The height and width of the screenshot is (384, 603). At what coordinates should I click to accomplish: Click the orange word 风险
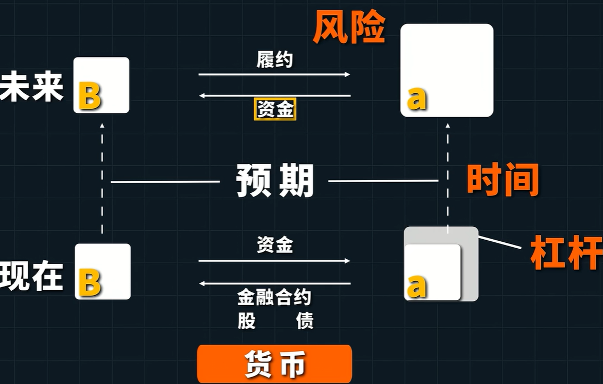[349, 27]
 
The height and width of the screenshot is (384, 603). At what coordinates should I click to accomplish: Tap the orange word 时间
[502, 179]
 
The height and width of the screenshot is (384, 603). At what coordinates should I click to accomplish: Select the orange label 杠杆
[566, 252]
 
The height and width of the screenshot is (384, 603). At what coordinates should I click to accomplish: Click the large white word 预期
[275, 180]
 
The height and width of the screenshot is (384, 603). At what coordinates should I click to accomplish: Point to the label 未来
[31, 86]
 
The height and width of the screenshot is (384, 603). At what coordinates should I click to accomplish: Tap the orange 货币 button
[274, 364]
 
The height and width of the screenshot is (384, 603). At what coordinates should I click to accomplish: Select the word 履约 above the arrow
[274, 59]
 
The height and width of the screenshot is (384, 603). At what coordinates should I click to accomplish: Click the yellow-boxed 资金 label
[275, 109]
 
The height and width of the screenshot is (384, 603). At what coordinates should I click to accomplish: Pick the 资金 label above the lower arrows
[274, 244]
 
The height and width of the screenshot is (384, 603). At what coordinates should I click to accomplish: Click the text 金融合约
[274, 297]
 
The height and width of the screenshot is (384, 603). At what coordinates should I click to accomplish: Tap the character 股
[247, 321]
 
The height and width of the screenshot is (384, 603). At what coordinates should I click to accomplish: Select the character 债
[305, 321]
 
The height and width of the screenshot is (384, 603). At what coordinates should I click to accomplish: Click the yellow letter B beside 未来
[90, 95]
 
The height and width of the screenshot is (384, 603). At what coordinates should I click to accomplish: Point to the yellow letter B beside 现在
[90, 282]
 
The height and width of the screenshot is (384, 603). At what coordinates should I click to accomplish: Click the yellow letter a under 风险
[417, 99]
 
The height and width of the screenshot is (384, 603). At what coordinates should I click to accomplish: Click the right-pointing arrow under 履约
[274, 75]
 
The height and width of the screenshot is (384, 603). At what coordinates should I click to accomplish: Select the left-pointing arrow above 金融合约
[274, 283]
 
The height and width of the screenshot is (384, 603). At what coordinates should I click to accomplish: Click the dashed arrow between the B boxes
[102, 178]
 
